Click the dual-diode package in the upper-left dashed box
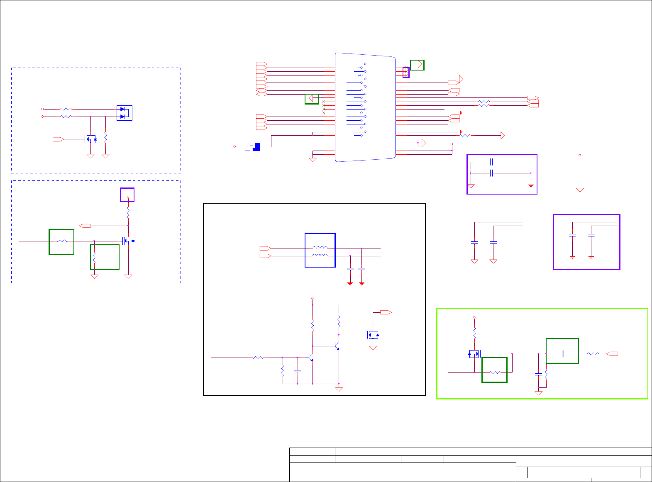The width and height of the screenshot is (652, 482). click(124, 113)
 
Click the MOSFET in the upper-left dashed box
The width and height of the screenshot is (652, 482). click(90, 139)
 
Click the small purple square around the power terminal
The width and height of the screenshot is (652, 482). click(127, 195)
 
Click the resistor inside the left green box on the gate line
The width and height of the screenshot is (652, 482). click(62, 241)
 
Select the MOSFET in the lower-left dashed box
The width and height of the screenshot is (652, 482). click(128, 241)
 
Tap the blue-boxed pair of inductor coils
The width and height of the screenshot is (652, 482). click(320, 251)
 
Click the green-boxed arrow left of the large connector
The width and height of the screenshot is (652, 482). click(312, 99)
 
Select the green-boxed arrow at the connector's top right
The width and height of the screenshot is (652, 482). click(417, 65)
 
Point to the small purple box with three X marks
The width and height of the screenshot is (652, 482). click(406, 73)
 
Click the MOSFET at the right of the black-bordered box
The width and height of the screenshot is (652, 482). click(373, 335)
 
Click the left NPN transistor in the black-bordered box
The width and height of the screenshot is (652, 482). click(310, 358)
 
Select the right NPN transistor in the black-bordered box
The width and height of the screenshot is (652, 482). click(337, 346)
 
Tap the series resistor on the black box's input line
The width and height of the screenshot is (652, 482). click(258, 358)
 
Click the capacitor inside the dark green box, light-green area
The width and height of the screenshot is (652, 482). click(563, 354)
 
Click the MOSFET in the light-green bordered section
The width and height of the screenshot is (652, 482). click(474, 354)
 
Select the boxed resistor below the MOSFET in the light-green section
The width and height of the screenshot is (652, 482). click(495, 372)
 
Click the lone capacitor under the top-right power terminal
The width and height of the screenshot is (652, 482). click(580, 175)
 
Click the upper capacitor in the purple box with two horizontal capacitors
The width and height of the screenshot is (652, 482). click(491, 162)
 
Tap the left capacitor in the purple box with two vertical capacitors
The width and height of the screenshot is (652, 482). click(572, 235)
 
